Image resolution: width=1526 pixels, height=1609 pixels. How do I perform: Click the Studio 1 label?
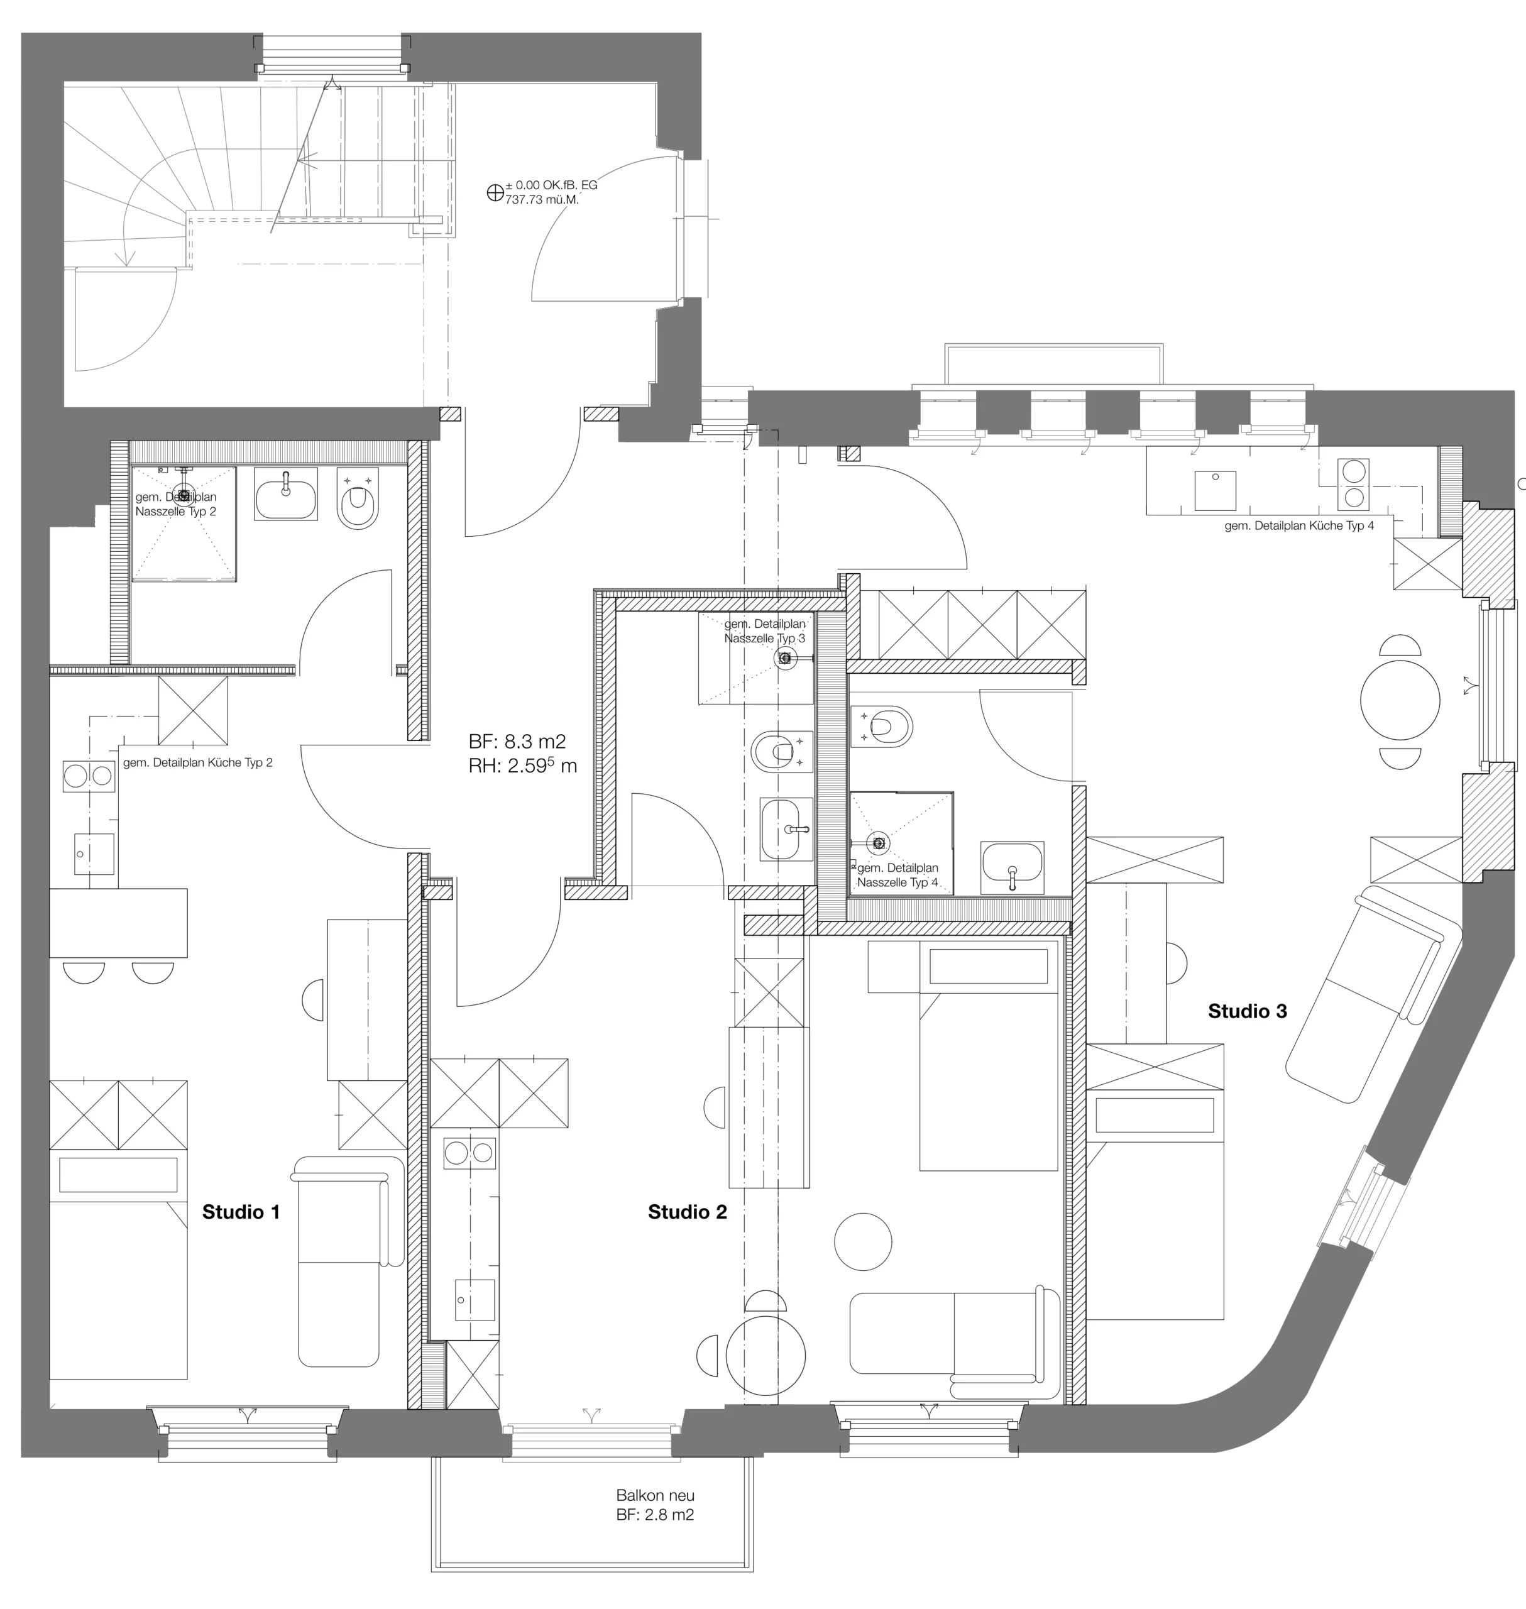pyautogui.click(x=241, y=1212)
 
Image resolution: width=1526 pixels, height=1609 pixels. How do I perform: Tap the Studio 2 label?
pyautogui.click(x=688, y=1212)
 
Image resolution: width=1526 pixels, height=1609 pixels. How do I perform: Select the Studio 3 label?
pyautogui.click(x=1248, y=1011)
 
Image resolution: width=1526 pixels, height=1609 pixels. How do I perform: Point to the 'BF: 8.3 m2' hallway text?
pyautogui.click(x=517, y=741)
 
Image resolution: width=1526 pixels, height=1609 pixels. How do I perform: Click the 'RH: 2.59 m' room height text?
pyautogui.click(x=523, y=766)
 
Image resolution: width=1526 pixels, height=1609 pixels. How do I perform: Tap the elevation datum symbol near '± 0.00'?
pyautogui.click(x=495, y=193)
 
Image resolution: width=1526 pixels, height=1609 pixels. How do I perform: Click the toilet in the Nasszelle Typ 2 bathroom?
pyautogui.click(x=358, y=500)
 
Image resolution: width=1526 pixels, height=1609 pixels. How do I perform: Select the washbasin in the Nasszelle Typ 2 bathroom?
pyautogui.click(x=287, y=495)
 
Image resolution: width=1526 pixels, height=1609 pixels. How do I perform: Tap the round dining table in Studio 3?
pyautogui.click(x=1400, y=700)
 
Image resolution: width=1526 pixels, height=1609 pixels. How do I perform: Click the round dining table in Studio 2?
pyautogui.click(x=766, y=1357)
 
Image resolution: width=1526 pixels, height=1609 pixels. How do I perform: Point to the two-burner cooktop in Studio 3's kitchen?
pyautogui.click(x=1354, y=484)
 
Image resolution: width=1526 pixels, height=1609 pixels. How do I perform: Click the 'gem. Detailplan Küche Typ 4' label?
pyautogui.click(x=1299, y=526)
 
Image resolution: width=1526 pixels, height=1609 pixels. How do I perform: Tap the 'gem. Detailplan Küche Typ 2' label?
pyautogui.click(x=198, y=763)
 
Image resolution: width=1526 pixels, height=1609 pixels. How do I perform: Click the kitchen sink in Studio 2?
pyautogui.click(x=475, y=1299)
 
